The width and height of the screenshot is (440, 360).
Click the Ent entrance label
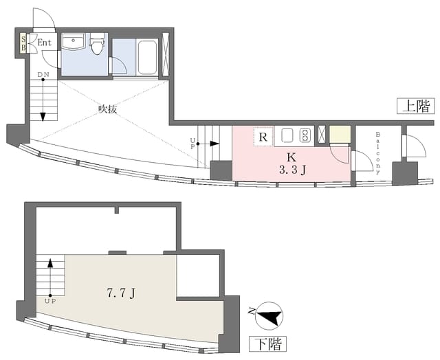pyautogui.click(x=45, y=43)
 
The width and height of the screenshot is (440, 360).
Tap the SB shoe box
pyautogui.click(x=23, y=43)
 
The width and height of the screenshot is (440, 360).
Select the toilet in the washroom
pyautogui.click(x=97, y=44)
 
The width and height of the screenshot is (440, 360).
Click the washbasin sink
pyautogui.click(x=74, y=41)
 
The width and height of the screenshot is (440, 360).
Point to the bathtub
pyautogui.click(x=147, y=58)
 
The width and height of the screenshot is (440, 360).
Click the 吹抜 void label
pyautogui.click(x=107, y=109)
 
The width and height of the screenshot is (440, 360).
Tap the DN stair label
pyautogui.click(x=43, y=75)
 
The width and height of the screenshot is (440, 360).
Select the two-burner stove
pyautogui.click(x=305, y=136)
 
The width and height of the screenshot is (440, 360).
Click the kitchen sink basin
pyautogui.click(x=287, y=136)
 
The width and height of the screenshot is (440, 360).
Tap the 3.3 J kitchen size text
pyautogui.click(x=292, y=170)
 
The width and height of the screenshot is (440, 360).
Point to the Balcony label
pyautogui.click(x=378, y=153)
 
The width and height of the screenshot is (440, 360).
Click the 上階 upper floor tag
pyautogui.click(x=416, y=106)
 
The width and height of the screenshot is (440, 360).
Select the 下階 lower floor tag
pyautogui.click(x=267, y=344)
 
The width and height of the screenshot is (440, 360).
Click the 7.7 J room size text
pyautogui.click(x=122, y=293)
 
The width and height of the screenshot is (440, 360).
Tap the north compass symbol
pyautogui.click(x=269, y=316)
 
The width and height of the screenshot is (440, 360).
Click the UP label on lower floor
pyautogui.click(x=50, y=302)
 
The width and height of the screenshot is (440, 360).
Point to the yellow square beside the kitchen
pyautogui.click(x=340, y=134)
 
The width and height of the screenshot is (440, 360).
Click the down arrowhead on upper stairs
pyautogui.click(x=43, y=117)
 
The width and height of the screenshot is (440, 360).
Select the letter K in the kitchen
pyautogui.click(x=291, y=157)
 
